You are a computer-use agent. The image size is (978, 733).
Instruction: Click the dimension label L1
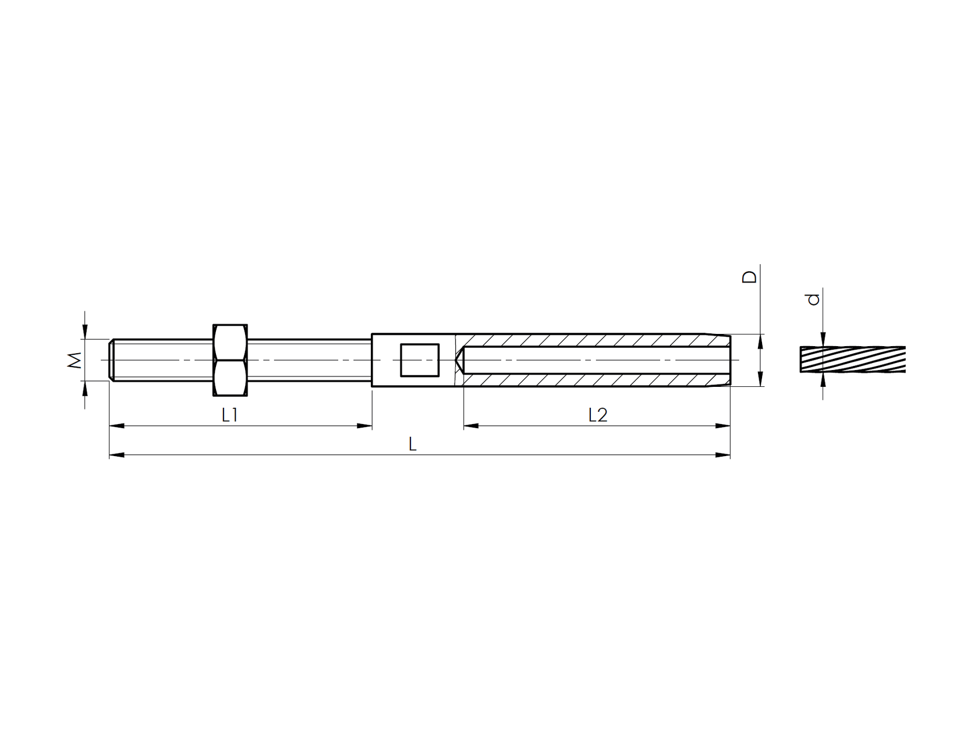pos(230,415)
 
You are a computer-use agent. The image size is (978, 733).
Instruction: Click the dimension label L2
pos(598,415)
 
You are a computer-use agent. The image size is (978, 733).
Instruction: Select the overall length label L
pos(413,444)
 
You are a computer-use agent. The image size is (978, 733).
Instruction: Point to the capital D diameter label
pos(750,276)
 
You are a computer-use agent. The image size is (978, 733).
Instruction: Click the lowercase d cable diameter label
pos(814,299)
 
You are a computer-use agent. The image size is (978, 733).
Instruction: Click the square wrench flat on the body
pos(420,360)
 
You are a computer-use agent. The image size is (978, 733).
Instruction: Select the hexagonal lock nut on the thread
pos(231,361)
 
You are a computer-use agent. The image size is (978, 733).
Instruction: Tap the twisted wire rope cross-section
pos(853,360)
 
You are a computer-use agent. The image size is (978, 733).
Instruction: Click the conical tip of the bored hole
pos(459,360)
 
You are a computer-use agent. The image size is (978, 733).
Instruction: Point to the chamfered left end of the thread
pos(111,360)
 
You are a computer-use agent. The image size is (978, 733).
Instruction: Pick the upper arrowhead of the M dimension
pos(85,332)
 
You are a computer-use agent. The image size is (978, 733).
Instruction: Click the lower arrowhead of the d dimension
pos(823,380)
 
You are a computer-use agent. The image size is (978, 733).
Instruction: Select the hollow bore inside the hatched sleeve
pos(594,360)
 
